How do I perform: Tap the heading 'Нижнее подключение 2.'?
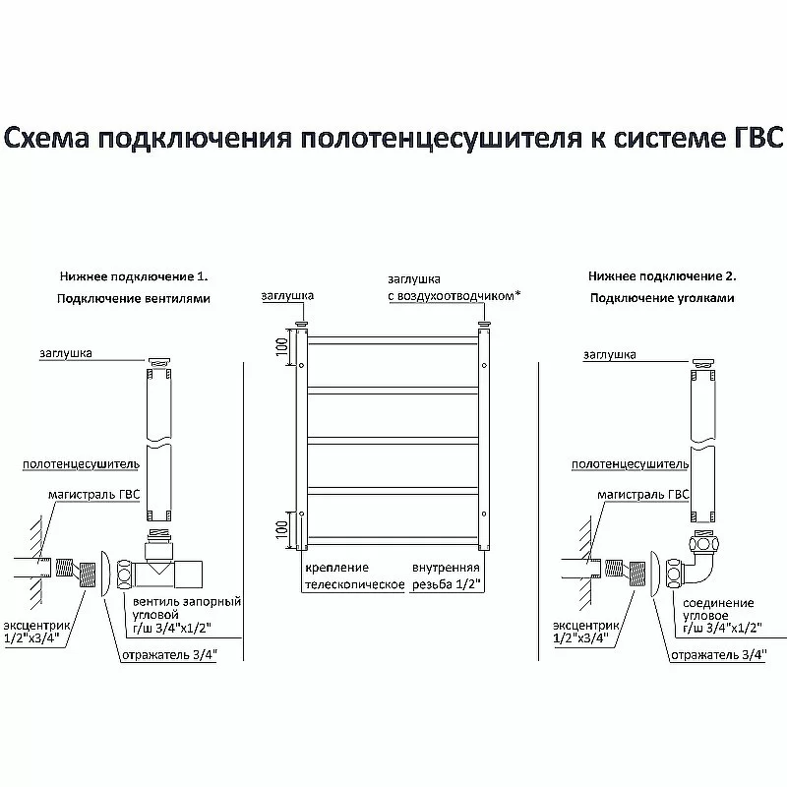661,277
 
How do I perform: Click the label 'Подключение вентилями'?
134,298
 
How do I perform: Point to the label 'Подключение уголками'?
661,298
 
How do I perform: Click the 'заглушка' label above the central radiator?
287,295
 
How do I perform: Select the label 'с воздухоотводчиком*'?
453,295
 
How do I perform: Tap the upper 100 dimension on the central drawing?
282,346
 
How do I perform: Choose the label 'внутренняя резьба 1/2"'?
446,576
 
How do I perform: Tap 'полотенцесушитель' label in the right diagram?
629,462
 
